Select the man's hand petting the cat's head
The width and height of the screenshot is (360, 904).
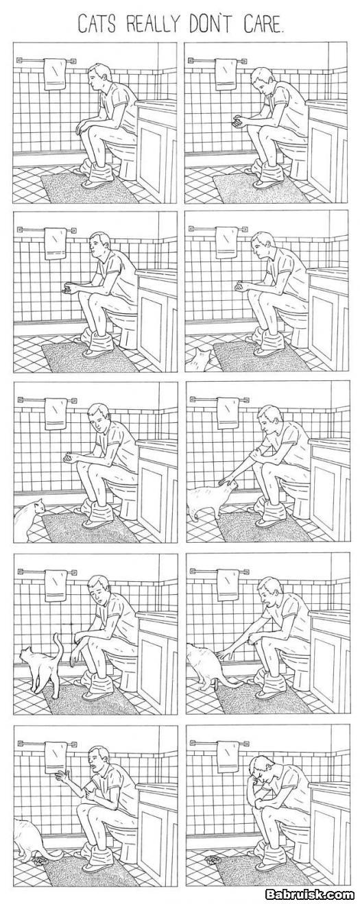(x=227, y=480)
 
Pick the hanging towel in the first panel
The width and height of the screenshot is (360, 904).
(x=55, y=74)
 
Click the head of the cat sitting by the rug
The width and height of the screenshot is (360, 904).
(x=38, y=506)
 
